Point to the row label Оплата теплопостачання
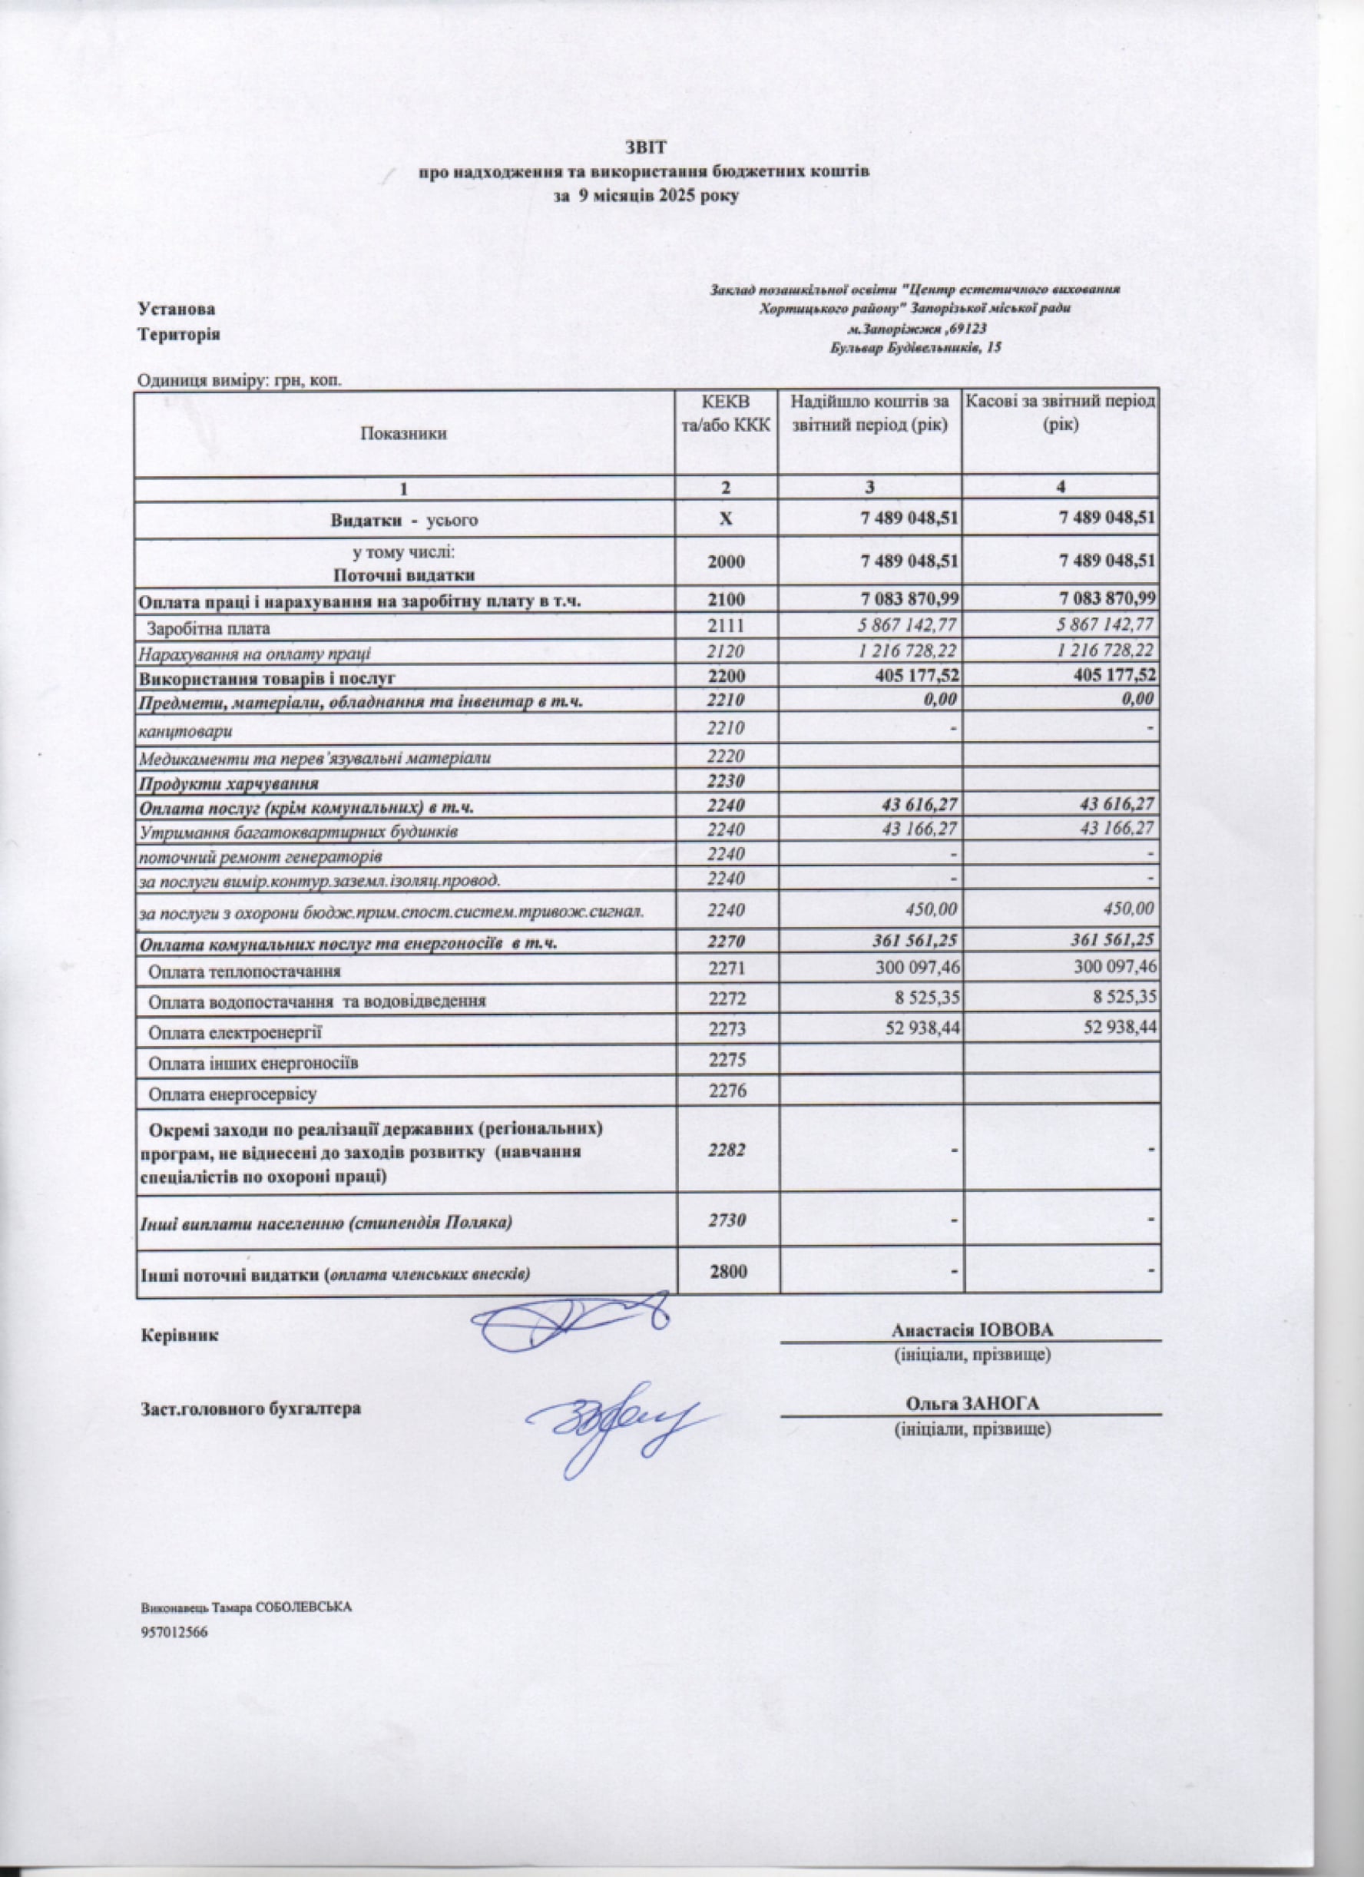[244, 971]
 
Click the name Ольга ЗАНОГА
[972, 1404]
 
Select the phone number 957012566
[174, 1633]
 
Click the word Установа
[177, 310]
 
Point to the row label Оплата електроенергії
[234, 1034]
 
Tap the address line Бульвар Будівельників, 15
[915, 349]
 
